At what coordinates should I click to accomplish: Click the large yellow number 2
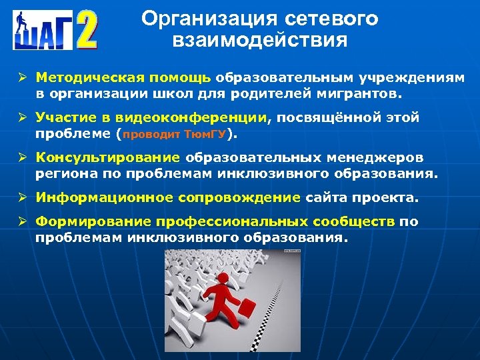point(86,29)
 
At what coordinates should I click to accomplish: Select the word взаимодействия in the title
point(259,41)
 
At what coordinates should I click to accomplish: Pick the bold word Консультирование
point(108,158)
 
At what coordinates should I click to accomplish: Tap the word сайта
point(327,197)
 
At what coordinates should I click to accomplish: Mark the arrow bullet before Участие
point(22,118)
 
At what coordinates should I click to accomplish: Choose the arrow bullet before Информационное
point(22,197)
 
